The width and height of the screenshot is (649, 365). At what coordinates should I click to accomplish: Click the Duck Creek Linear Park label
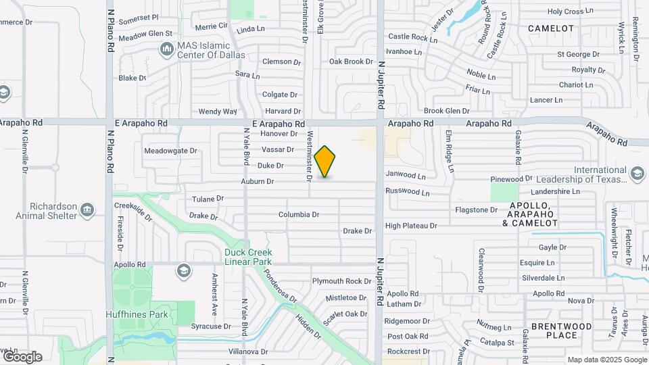(248, 257)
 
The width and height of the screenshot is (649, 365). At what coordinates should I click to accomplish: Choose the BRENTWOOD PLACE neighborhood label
(562, 331)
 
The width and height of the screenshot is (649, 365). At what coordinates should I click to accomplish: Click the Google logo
(22, 356)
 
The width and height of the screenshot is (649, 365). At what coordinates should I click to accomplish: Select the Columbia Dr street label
(298, 215)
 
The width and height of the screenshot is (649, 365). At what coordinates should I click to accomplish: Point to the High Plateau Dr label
(410, 226)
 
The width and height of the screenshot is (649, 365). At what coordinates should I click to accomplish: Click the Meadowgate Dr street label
(170, 151)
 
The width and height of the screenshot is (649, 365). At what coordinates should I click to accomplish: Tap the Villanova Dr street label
(248, 351)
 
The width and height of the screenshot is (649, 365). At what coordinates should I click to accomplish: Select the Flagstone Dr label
(476, 210)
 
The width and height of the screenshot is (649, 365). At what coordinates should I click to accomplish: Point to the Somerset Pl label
(138, 18)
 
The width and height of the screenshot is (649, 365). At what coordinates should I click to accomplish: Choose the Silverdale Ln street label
(542, 278)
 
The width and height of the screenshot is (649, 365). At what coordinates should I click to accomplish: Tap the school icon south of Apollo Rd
(183, 272)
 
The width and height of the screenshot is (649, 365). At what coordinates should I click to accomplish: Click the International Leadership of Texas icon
(637, 175)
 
